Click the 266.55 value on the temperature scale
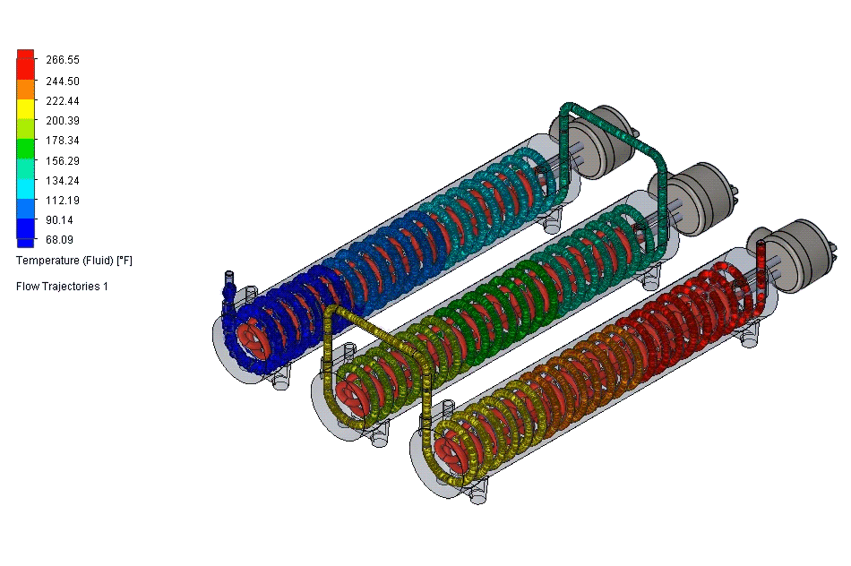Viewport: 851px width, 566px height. coord(63,60)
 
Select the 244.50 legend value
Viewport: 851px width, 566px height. coord(63,81)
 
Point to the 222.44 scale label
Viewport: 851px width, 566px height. coord(63,101)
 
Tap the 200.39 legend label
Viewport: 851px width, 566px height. coord(63,121)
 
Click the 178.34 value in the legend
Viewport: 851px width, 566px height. coord(63,141)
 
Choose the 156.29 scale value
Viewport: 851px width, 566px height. coord(63,161)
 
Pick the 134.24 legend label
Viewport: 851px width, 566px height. coord(63,180)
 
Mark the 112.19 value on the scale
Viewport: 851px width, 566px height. coord(63,200)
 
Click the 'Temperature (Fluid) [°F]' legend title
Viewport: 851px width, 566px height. coord(74,261)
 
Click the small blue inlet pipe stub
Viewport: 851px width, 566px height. coord(228,280)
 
